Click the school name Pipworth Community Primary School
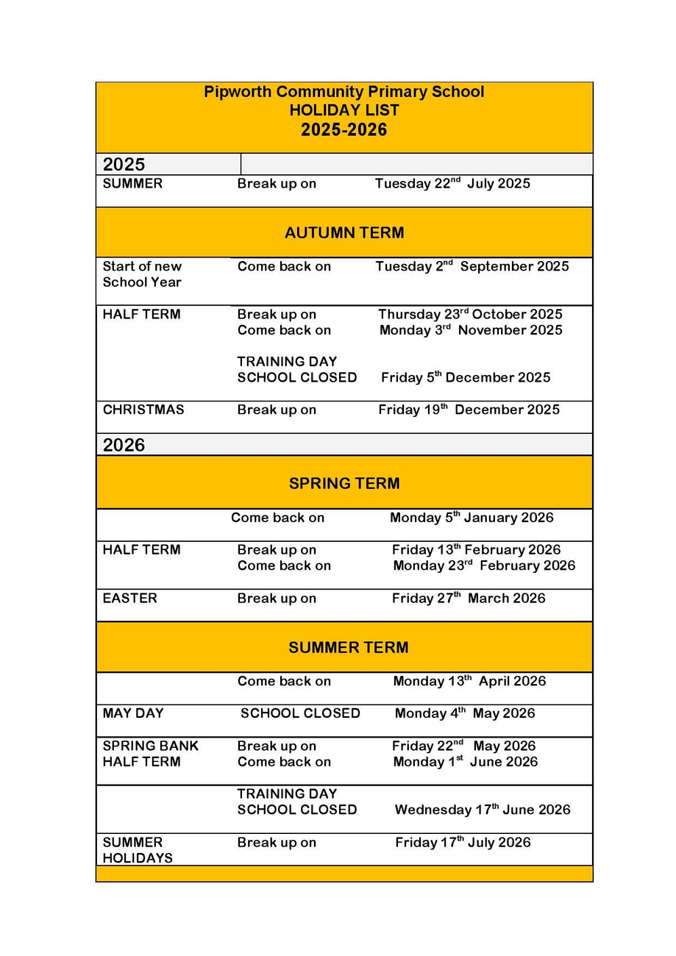[344, 92]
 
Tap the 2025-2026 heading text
[344, 130]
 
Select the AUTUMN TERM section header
[344, 232]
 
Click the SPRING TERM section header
[344, 483]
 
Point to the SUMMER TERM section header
[348, 647]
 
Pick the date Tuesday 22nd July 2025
[452, 184]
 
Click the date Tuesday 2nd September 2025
[472, 266]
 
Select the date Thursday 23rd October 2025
[470, 315]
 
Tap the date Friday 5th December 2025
[465, 377]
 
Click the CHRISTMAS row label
[143, 410]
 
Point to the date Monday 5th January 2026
[471, 518]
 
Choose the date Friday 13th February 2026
[476, 550]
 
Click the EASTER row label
[129, 599]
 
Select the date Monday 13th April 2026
[469, 681]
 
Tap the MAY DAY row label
[133, 713]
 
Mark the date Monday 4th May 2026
[464, 713]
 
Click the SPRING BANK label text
[150, 746]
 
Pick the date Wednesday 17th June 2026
[482, 810]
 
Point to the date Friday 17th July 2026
[462, 843]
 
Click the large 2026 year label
[124, 445]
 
